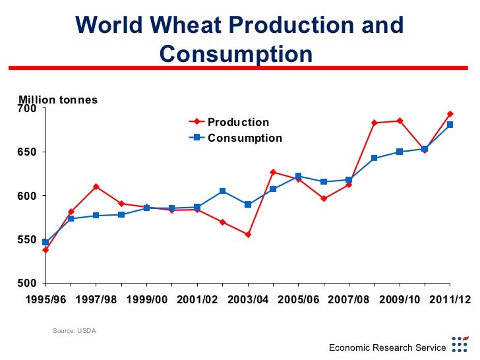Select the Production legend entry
point(238,122)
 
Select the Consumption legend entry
point(245,138)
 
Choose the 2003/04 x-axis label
point(248,299)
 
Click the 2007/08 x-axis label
point(349,299)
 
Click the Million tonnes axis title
point(58,100)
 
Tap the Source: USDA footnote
point(74,330)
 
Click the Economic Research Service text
point(388,347)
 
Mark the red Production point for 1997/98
point(96,187)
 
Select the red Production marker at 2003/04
point(247,235)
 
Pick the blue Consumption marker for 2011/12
point(450,125)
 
